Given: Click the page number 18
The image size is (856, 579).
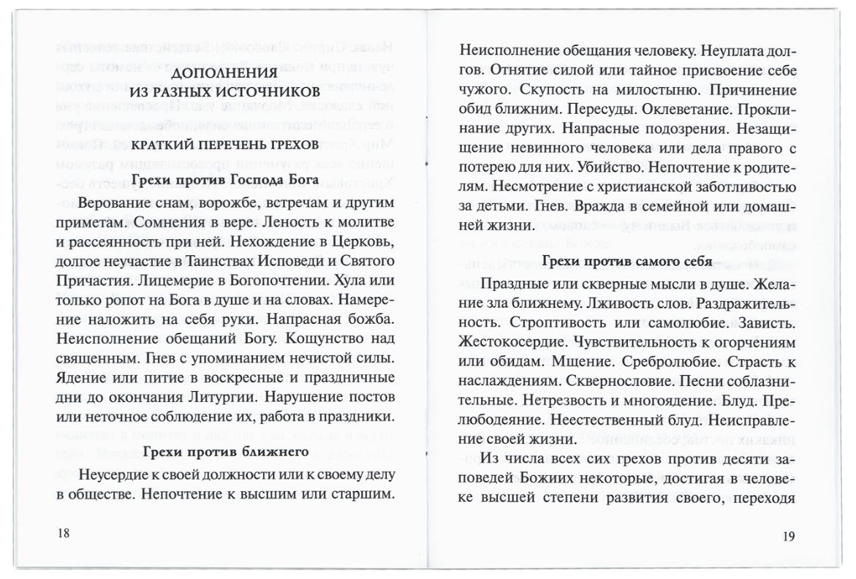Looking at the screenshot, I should point(64,532).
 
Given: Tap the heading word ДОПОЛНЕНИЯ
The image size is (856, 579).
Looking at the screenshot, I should point(224,74).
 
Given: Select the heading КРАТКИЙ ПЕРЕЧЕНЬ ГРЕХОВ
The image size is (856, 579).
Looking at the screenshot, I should point(224,145).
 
